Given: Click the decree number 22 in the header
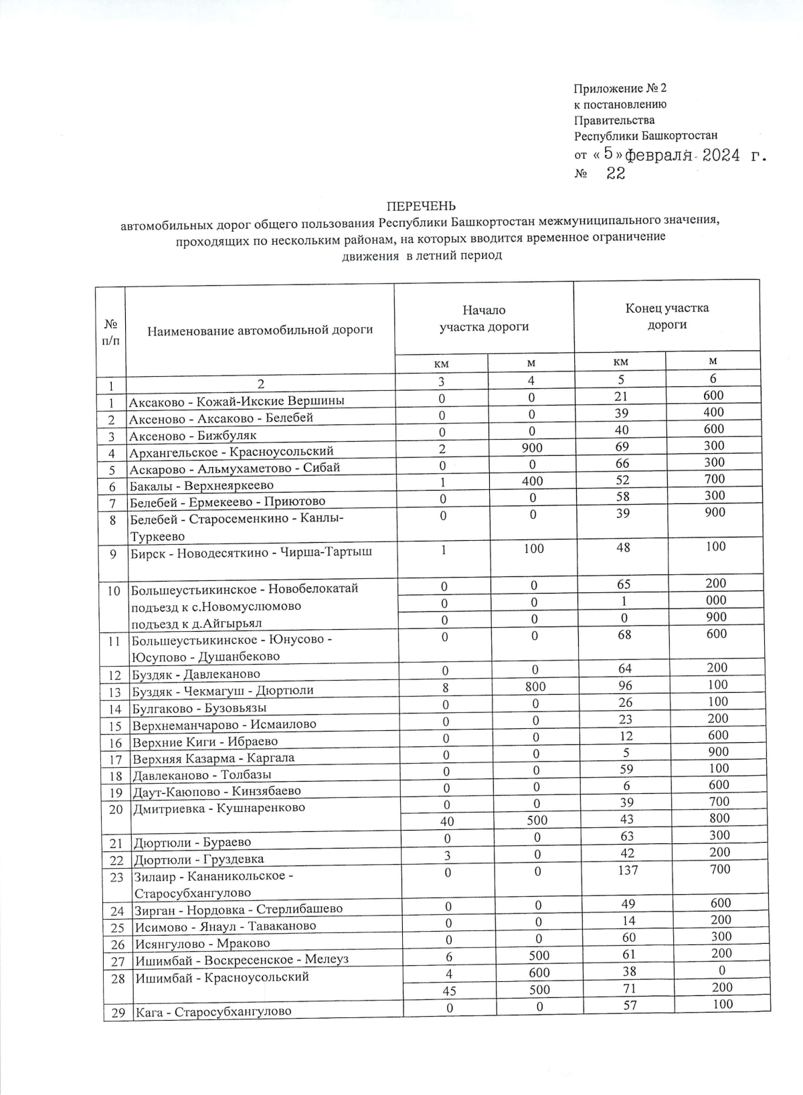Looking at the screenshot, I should click(x=616, y=174).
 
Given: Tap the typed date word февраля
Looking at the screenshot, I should click(x=658, y=155).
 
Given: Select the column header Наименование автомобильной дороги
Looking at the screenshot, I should click(x=260, y=329).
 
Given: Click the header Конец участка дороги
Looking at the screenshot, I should click(x=666, y=316).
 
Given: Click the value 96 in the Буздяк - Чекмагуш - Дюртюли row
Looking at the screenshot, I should click(x=626, y=685).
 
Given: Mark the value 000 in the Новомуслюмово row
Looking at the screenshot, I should click(x=715, y=600).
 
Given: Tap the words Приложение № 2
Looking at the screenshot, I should click(x=620, y=88).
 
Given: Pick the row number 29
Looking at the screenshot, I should click(x=118, y=1013).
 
